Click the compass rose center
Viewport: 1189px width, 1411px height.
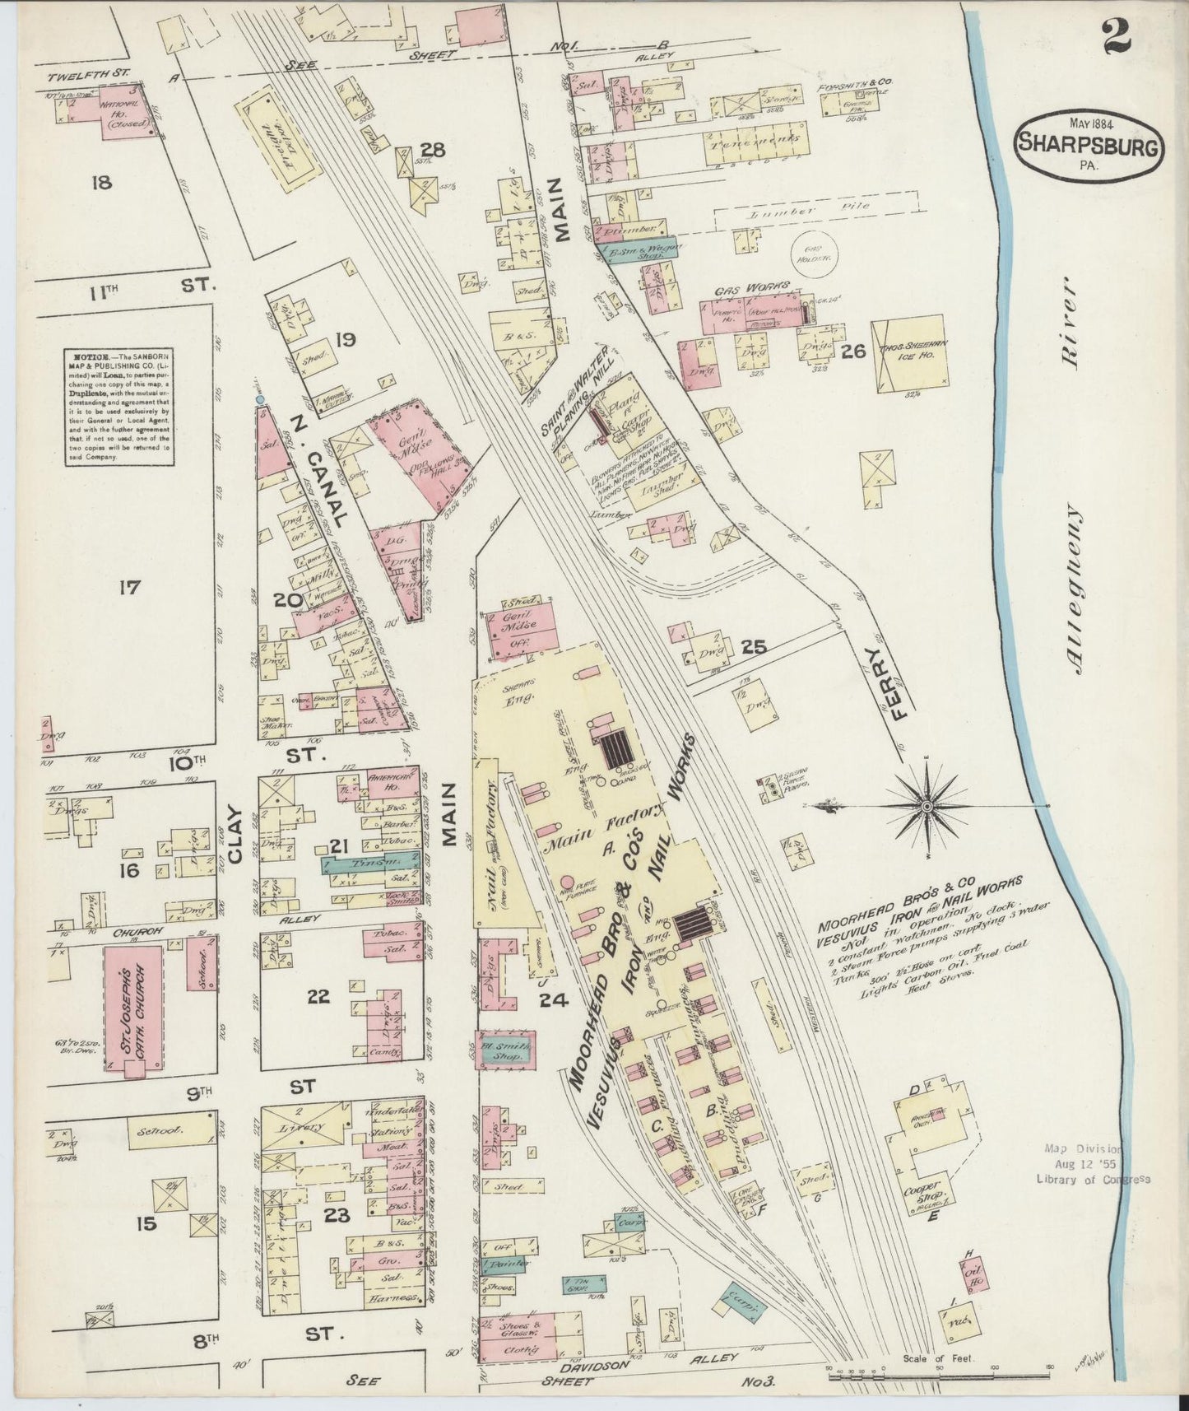click(x=928, y=807)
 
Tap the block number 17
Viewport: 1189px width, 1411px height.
click(x=129, y=588)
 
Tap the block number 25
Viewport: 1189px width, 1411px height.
click(x=754, y=648)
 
